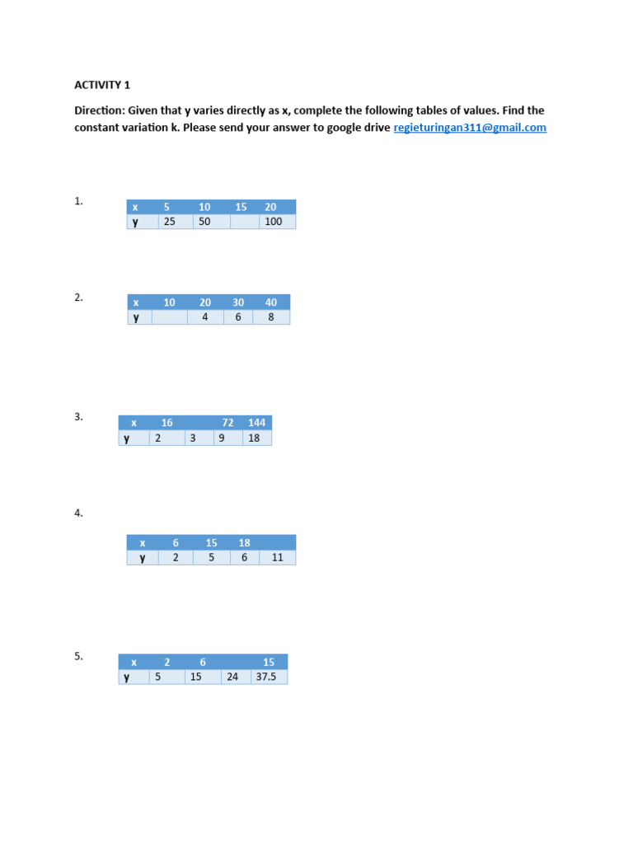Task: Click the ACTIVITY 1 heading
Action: click(x=102, y=84)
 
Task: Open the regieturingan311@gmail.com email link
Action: click(x=470, y=128)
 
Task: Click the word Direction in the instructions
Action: click(x=99, y=110)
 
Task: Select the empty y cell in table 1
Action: click(x=245, y=222)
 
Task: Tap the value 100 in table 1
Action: click(x=274, y=222)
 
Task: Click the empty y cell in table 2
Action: click(x=170, y=317)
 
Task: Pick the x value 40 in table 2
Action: click(x=271, y=302)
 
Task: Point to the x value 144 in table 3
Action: click(x=256, y=423)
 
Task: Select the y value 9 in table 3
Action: click(x=222, y=438)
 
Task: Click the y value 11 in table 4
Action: click(x=277, y=557)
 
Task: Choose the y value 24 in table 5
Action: click(x=233, y=678)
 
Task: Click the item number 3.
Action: click(x=78, y=417)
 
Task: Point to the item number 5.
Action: click(x=78, y=656)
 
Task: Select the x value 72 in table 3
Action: click(x=227, y=423)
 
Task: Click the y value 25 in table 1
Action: click(x=170, y=222)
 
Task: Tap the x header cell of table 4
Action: click(x=142, y=542)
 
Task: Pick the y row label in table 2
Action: click(x=137, y=317)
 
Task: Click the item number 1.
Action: click(x=78, y=200)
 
